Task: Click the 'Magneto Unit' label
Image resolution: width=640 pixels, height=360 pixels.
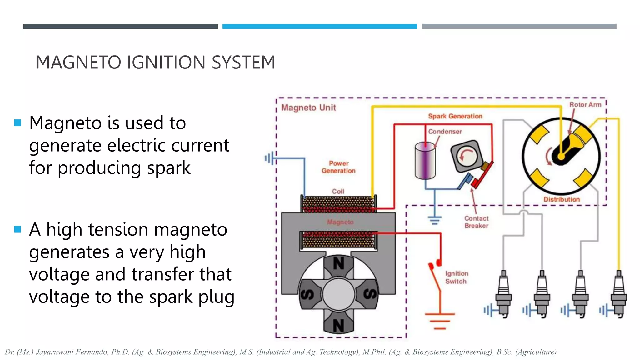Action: coord(308,107)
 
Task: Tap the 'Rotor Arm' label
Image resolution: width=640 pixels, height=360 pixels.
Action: coord(585,105)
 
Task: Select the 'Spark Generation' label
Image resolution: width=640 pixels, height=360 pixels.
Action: coord(455,116)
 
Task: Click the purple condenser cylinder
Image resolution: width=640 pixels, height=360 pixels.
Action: coord(425,161)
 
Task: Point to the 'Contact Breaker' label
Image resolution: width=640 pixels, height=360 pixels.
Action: coord(476,222)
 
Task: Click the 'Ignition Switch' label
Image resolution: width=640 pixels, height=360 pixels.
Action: coord(457,277)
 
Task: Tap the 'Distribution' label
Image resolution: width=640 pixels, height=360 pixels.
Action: coord(562,199)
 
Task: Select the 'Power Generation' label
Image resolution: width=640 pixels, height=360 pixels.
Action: coord(338,167)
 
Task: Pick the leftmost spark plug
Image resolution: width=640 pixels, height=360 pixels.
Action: coord(503,294)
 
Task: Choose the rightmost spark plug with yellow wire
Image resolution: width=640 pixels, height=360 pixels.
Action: coord(619,294)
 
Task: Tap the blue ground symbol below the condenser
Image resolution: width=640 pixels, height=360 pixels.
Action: coord(434,220)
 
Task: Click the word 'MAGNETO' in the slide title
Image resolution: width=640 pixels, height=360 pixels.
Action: coord(78,62)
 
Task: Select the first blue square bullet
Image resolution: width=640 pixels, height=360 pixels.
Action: coord(17,123)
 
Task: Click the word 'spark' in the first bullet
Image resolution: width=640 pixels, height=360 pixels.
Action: coord(169,168)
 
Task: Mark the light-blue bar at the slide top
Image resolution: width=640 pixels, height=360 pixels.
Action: coord(319,27)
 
